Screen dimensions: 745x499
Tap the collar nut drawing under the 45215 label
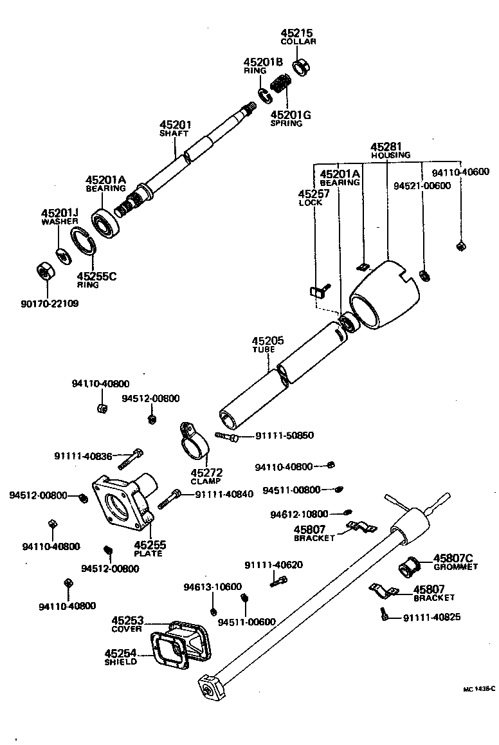[301, 66]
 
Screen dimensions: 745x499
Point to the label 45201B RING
[262, 66]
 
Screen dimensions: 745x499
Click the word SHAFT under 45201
[174, 134]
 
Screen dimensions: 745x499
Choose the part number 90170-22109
[49, 303]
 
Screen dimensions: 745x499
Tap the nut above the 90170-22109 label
[44, 272]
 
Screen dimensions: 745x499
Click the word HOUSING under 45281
[390, 155]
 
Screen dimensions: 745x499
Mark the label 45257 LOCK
[313, 198]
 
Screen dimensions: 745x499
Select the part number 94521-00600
[422, 186]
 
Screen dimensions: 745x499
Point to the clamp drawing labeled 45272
[194, 444]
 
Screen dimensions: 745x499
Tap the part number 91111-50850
[284, 436]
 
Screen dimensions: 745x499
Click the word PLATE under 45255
[148, 553]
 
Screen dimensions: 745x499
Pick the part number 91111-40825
[431, 618]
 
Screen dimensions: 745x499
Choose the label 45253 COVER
[127, 624]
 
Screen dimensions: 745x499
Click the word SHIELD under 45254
[120, 661]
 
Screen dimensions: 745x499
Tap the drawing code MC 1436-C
[479, 688]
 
